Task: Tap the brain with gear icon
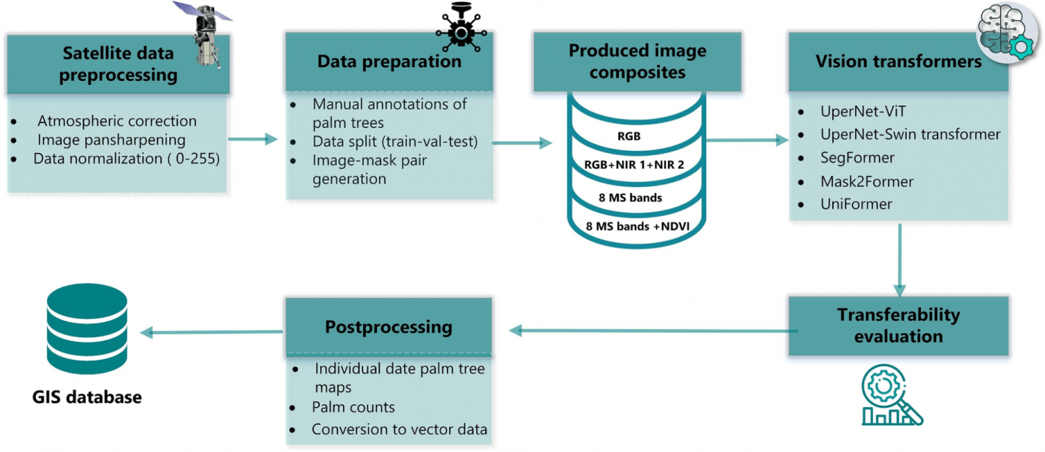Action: point(1008,32)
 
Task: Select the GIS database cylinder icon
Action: point(87,328)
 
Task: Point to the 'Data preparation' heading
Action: point(389,61)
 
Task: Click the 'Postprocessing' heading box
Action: point(389,327)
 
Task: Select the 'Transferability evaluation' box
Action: point(899,326)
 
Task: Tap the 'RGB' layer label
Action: point(629,136)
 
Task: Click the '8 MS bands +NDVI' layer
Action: point(637,226)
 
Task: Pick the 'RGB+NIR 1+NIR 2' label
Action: point(634,164)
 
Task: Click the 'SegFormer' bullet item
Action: point(857,158)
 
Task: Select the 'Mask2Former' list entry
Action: point(867,181)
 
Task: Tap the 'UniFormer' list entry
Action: point(856,204)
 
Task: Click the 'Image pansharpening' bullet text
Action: point(112,140)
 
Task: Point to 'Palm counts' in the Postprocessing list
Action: point(353,406)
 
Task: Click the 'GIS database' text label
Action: point(87,397)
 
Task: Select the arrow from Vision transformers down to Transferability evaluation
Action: point(899,260)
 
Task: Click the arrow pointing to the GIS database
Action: point(212,332)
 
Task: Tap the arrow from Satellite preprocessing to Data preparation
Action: point(253,139)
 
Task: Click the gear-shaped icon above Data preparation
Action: point(461,29)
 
